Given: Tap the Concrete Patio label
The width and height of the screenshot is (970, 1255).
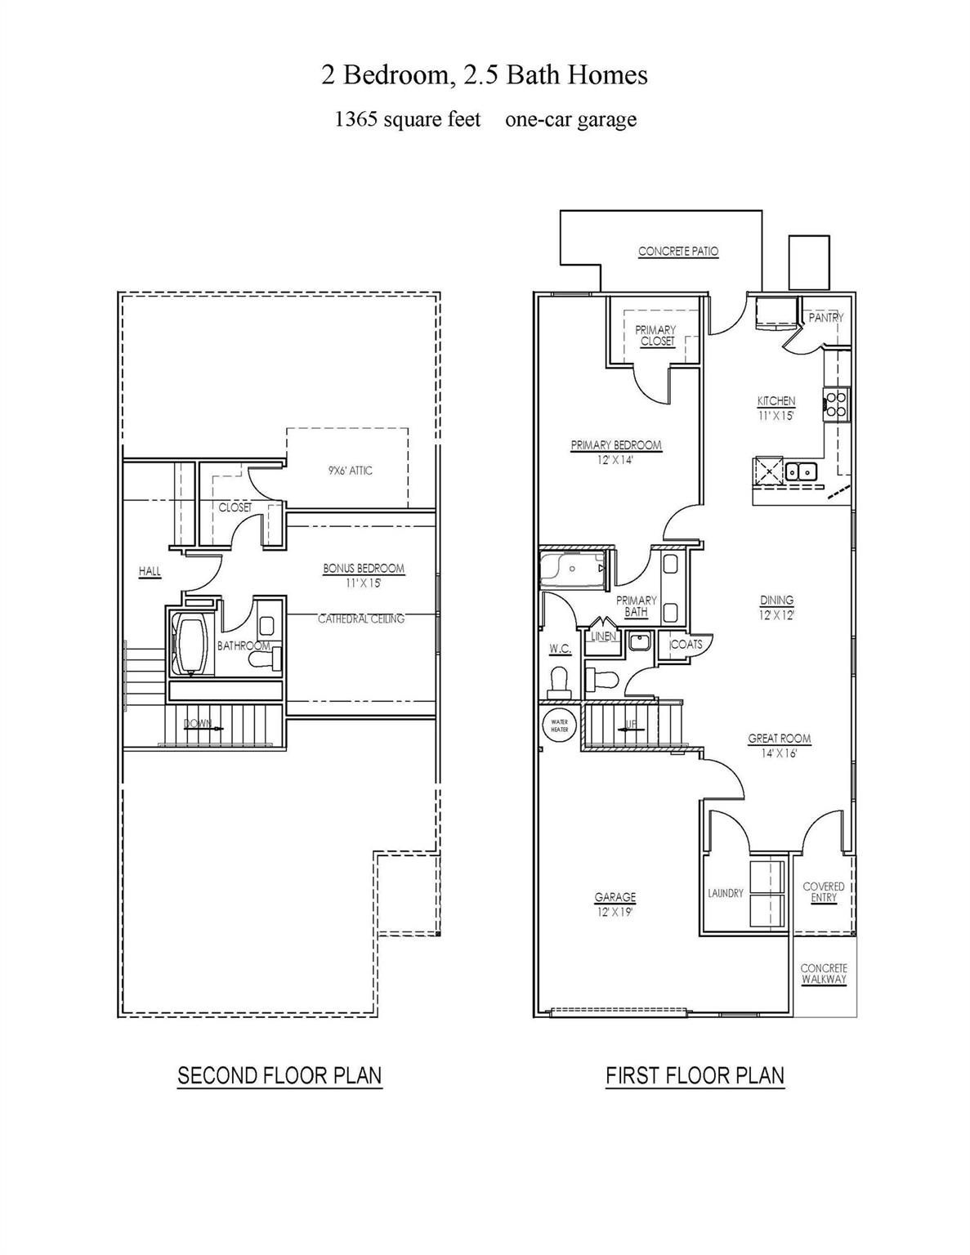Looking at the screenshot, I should coord(678,252).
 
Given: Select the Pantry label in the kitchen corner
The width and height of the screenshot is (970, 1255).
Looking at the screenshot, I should coord(825,317).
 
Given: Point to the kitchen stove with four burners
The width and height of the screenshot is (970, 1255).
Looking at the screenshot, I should coord(836,404).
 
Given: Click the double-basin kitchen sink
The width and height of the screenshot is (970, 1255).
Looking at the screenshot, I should coord(799,471).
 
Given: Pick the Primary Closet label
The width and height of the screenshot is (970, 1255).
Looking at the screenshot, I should coord(656,335).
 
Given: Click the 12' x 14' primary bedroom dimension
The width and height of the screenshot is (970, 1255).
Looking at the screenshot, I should coord(615,459).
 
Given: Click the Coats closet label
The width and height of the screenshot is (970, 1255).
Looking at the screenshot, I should coord(686,644).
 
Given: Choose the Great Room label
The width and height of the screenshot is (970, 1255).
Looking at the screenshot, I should coord(780,739).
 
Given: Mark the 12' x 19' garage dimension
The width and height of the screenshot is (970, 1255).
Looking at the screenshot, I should coord(615,912).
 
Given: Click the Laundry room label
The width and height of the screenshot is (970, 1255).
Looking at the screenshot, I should coord(726,893).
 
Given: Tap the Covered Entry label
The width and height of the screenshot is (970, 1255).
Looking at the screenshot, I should coord(824,892).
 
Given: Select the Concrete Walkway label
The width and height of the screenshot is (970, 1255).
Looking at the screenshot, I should coord(824,974).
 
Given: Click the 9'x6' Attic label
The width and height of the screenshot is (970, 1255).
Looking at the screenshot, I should coord(351,471).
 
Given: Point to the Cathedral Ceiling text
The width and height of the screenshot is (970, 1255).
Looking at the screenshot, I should coord(361,619).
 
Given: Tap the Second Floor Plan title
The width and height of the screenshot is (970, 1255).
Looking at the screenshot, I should coord(279,1075).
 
